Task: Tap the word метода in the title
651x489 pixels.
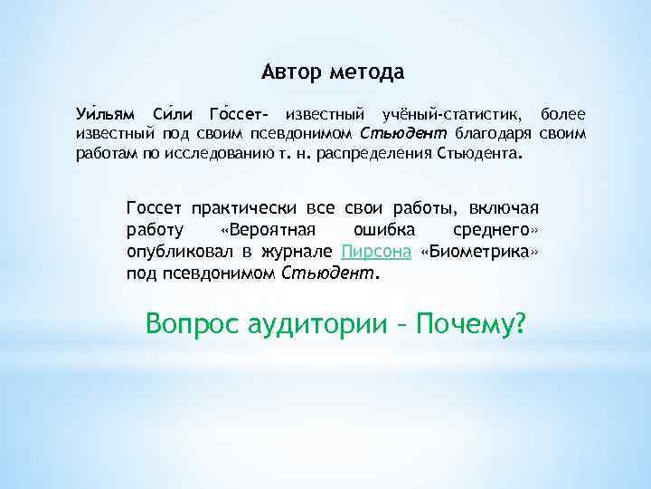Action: pos(367,71)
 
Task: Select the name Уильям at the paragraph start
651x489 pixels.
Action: pos(104,115)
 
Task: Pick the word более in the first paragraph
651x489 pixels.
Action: pos(562,115)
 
